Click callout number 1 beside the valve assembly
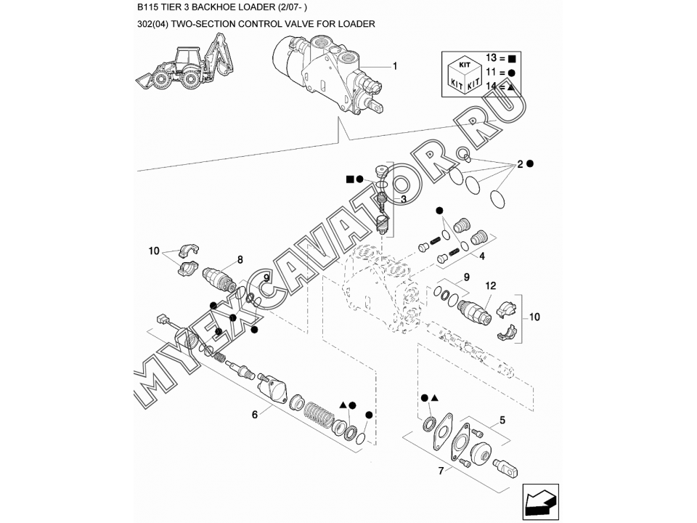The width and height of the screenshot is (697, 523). pos(395,67)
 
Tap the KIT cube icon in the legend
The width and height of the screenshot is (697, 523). pos(464,75)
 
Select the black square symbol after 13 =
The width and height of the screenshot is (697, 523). pos(512,58)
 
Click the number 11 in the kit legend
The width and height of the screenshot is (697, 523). pos(491,72)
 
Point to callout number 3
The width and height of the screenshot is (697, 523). pos(403,199)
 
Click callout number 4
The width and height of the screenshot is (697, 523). pos(482,256)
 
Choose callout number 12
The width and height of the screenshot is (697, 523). pos(490,286)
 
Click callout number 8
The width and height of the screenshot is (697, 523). pos(240,260)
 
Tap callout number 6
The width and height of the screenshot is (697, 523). pos(255,415)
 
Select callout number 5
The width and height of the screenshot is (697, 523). pos(502,421)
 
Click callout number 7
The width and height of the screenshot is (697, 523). pos(441,471)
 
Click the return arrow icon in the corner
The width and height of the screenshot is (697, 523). pos(540,502)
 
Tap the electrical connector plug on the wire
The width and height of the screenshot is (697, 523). pos(161,320)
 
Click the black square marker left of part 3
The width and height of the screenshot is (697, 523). pos(350,179)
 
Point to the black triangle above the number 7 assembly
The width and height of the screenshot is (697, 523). pos(435,397)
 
